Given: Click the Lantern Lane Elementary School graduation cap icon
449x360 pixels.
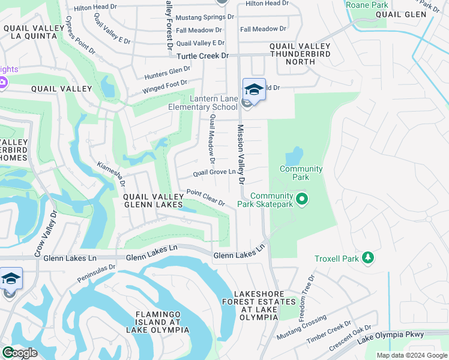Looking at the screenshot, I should (x=254, y=89).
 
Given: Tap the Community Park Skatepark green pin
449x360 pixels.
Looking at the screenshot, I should (x=302, y=198).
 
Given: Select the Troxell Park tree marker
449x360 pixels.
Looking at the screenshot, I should (x=368, y=259).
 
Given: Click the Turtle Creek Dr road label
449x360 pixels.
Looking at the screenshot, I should (x=203, y=56).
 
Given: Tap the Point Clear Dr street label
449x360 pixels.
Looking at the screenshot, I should (x=205, y=197).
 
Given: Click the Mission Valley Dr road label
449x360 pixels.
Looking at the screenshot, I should (x=241, y=154).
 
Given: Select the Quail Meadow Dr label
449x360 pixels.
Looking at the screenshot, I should (x=211, y=140).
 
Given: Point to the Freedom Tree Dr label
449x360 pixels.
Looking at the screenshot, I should (x=311, y=290).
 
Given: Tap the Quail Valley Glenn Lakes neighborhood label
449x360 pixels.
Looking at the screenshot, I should (x=153, y=200).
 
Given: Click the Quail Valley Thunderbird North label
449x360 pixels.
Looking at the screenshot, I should (x=300, y=54).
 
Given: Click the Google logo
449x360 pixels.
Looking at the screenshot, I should (x=19, y=352).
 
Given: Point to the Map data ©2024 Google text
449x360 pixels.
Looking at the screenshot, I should (x=412, y=355).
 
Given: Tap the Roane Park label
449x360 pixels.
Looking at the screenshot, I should (x=367, y=5).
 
